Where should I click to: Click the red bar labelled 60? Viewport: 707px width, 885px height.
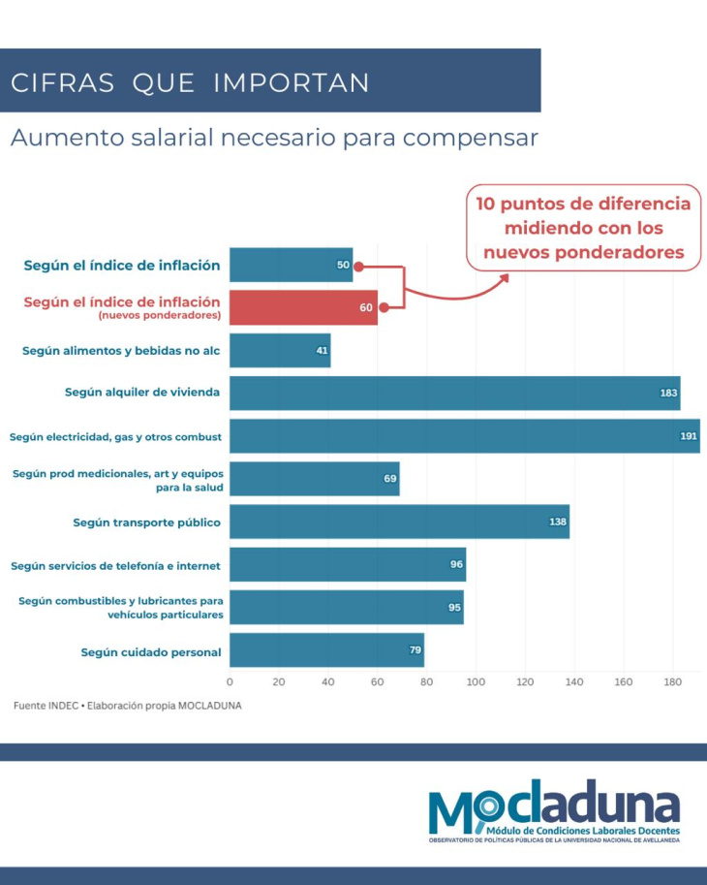pyautogui.click(x=303, y=307)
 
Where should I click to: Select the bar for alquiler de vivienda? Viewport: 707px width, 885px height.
pyautogui.click(x=454, y=393)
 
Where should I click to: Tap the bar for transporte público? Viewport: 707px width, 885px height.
pyautogui.click(x=399, y=522)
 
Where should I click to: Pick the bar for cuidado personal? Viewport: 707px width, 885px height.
pyautogui.click(x=326, y=650)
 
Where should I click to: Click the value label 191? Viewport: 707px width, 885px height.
pyautogui.click(x=689, y=436)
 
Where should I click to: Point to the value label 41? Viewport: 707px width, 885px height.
pyautogui.click(x=322, y=350)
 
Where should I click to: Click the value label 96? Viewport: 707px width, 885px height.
pyautogui.click(x=456, y=564)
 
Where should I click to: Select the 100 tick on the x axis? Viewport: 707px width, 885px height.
pyautogui.click(x=476, y=682)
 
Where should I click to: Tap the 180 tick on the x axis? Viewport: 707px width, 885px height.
pyautogui.click(x=672, y=682)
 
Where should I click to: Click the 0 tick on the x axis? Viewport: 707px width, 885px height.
pyautogui.click(x=230, y=682)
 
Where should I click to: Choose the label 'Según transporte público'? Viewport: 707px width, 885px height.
pyautogui.click(x=146, y=522)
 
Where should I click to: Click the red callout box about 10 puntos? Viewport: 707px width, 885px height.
pyautogui.click(x=583, y=229)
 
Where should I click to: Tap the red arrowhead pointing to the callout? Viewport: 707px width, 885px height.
pyautogui.click(x=503, y=279)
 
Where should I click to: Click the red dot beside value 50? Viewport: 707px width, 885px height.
pyautogui.click(x=358, y=265)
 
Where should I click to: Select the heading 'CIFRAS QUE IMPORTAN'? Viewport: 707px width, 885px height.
pyautogui.click(x=190, y=82)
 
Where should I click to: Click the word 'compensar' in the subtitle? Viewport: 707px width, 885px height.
pyautogui.click(x=470, y=138)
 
